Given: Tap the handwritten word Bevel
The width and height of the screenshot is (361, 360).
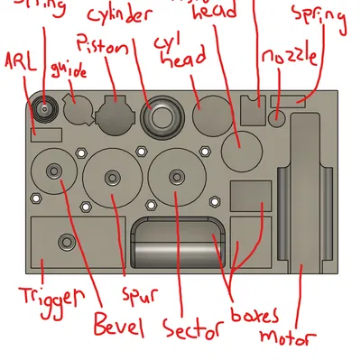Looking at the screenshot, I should [x=118, y=325].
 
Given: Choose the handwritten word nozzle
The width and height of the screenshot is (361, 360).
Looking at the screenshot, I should [x=289, y=58].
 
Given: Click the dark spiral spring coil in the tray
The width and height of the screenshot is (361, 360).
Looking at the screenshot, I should [x=43, y=109].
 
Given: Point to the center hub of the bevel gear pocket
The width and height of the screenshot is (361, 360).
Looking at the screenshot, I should [x=54, y=171].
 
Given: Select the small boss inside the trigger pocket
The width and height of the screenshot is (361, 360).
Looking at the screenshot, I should [x=66, y=241].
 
